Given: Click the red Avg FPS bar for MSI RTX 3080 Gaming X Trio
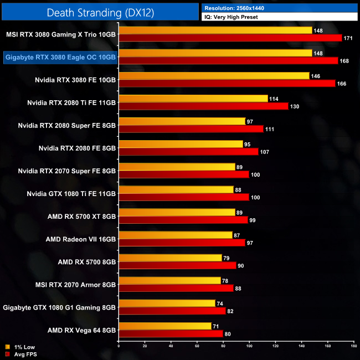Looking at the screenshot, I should [x=230, y=38].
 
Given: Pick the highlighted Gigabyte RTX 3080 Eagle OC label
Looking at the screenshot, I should [x=60, y=56].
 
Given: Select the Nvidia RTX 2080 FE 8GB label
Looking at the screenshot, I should [x=77, y=148].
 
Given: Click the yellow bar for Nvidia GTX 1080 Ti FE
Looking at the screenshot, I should [x=176, y=189].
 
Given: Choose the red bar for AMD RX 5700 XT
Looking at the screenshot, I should [x=183, y=220].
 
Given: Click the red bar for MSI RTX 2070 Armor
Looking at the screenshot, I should [x=176, y=288].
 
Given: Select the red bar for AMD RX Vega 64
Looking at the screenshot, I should [x=171, y=333].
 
